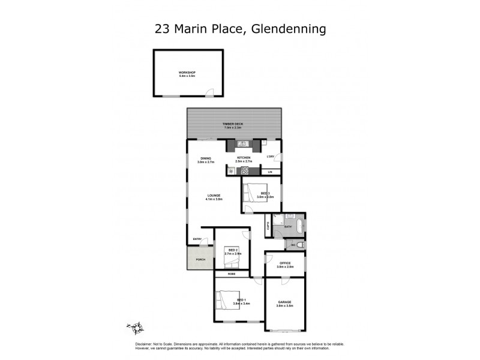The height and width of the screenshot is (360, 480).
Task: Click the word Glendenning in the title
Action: tap(289, 28)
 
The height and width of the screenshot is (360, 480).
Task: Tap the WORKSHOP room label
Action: tap(187, 73)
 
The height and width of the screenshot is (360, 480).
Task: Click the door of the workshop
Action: tap(208, 92)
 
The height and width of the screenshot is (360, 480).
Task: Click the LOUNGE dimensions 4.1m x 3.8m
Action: tap(215, 199)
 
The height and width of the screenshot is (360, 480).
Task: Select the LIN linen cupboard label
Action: tap(270, 172)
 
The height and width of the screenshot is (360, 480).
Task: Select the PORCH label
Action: tap(200, 260)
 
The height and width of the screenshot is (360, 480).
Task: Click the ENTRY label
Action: tap(197, 239)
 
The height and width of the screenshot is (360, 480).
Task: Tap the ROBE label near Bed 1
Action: tap(231, 274)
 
